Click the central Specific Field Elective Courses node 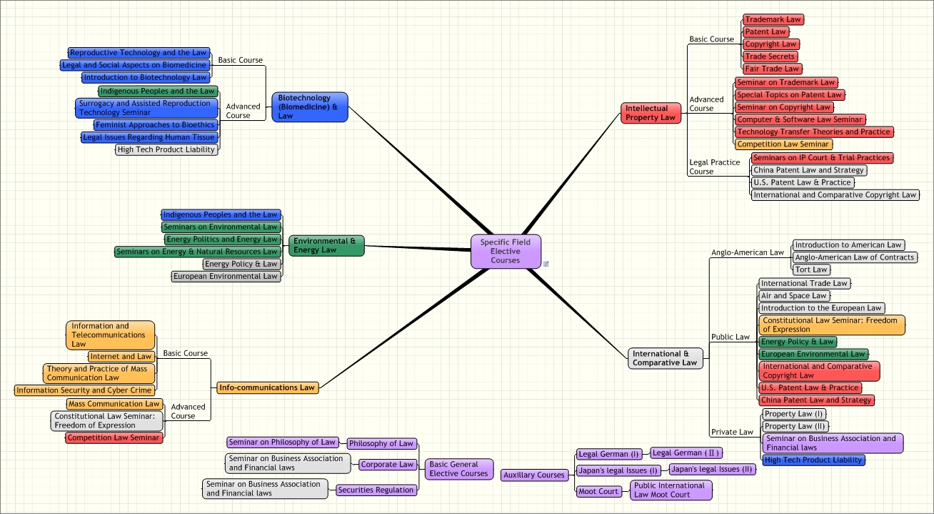click(506, 252)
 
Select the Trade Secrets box click(770, 56)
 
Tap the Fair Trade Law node click(772, 69)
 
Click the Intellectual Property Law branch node click(651, 113)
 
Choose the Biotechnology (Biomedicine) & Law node click(310, 107)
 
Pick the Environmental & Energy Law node click(326, 245)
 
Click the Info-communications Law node click(267, 387)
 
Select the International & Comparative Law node click(665, 358)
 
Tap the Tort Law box click(811, 270)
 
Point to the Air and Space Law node click(794, 296)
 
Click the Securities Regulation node click(376, 490)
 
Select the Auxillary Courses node click(534, 475)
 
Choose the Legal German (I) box click(609, 454)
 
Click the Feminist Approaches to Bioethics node click(155, 125)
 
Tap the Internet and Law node click(121, 356)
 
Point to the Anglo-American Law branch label click(748, 252)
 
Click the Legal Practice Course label click(715, 167)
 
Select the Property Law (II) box click(795, 426)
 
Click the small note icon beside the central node click(546, 264)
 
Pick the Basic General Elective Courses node click(458, 469)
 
